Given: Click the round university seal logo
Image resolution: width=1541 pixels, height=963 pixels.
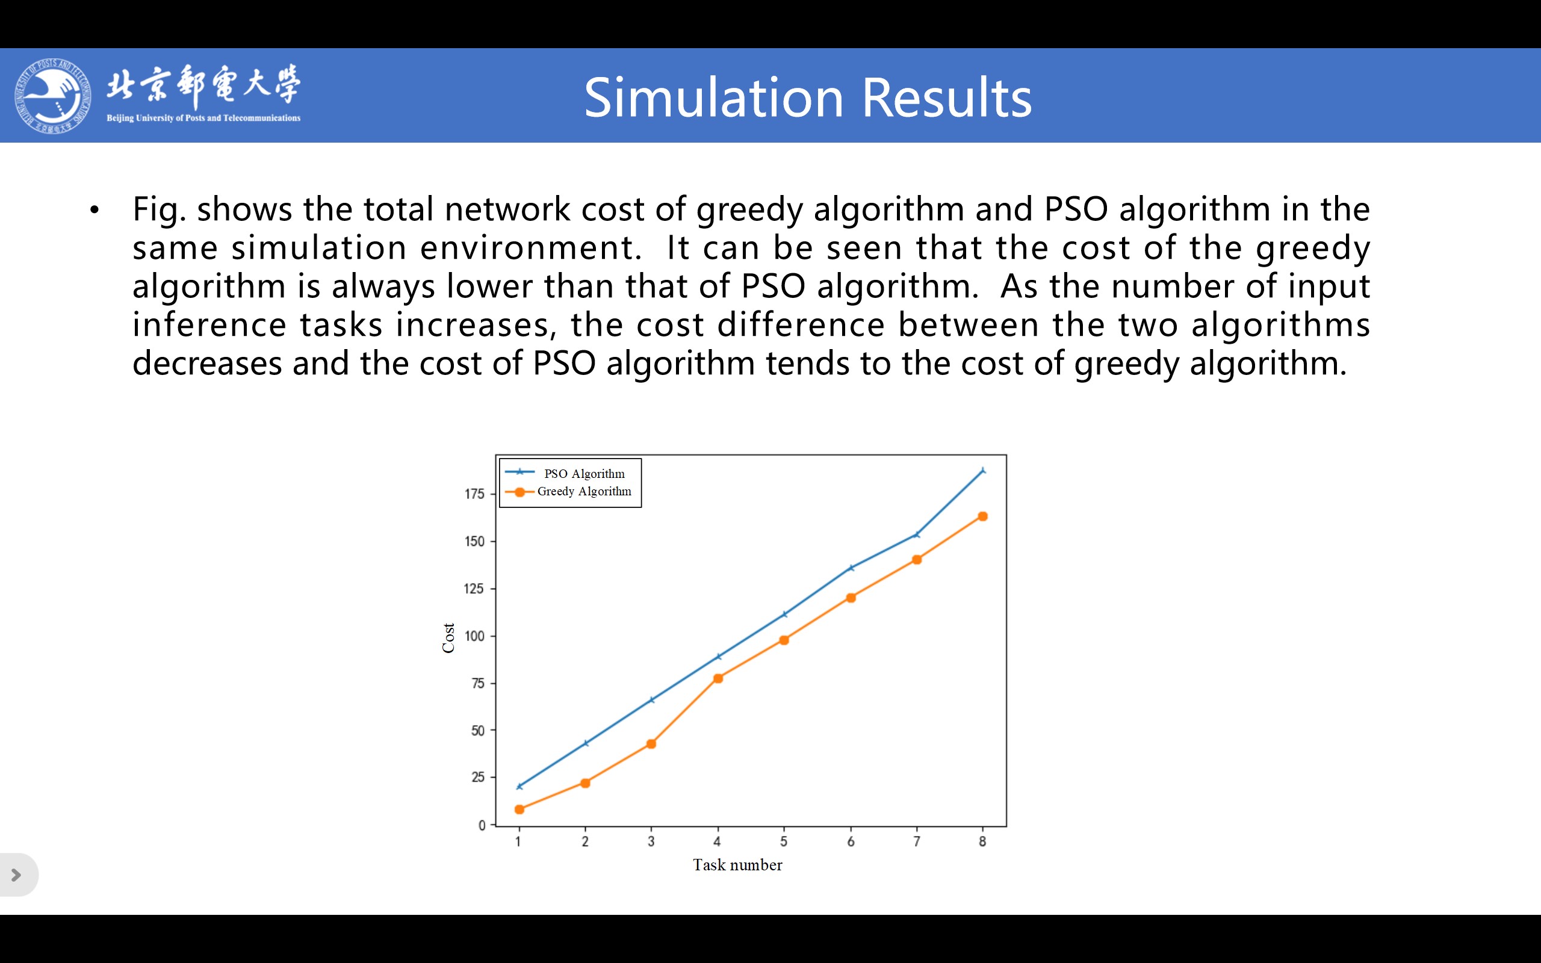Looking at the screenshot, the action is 52,96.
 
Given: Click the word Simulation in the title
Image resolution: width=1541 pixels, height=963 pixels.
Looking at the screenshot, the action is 714,98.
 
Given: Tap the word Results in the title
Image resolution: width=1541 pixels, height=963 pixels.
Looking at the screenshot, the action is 947,98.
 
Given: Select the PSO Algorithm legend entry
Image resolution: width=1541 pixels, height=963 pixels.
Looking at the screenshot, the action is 565,473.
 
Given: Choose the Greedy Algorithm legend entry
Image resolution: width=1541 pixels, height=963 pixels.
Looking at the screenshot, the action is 568,491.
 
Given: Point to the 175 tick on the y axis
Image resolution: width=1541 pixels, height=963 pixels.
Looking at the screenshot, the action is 474,494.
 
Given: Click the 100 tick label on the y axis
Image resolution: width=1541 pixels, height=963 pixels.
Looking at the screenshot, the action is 474,636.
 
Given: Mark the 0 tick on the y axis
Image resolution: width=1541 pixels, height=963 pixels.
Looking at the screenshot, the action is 482,825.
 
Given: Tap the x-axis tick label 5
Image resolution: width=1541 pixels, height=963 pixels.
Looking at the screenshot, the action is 784,841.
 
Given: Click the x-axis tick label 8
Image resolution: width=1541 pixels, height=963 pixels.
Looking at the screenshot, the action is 982,841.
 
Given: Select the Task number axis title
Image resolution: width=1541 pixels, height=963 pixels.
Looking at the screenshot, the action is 737,865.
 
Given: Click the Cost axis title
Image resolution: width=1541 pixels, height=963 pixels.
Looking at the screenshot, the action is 448,637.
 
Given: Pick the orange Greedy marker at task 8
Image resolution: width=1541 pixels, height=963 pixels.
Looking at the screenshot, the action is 982,516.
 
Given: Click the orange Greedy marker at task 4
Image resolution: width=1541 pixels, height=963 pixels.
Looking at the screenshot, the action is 718,678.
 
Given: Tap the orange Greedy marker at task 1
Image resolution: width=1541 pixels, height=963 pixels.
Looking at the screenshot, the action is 519,809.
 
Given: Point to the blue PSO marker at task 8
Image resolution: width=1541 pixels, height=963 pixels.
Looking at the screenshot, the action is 982,471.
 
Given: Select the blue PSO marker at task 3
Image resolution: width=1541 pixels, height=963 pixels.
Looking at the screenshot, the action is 651,699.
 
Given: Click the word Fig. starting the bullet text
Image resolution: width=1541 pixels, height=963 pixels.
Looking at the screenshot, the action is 159,209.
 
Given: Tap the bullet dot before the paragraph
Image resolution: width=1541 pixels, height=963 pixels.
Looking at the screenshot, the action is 95,209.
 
